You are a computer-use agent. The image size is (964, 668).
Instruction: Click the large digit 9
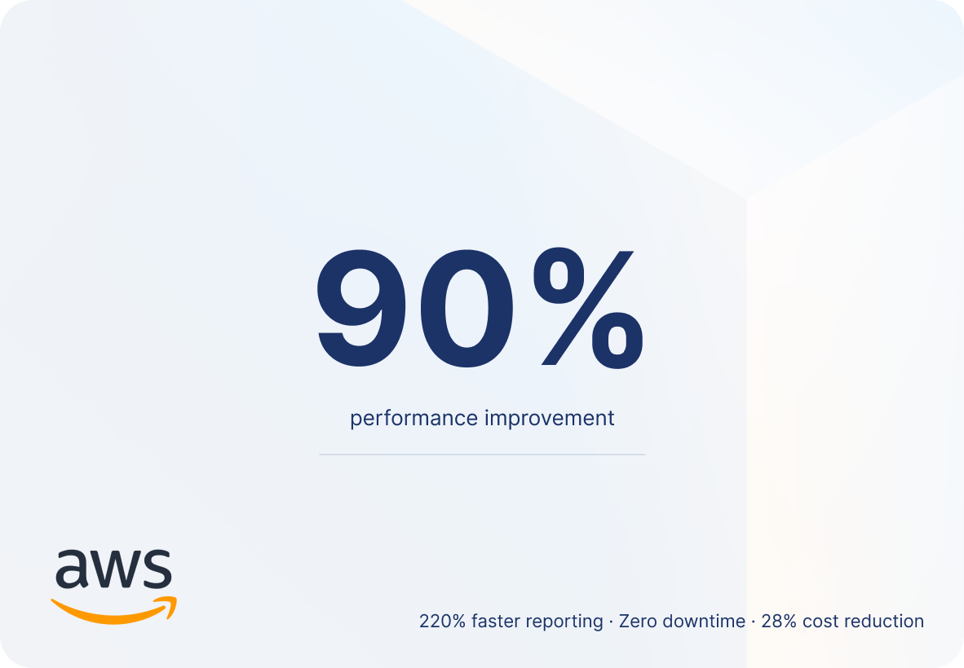(x=361, y=308)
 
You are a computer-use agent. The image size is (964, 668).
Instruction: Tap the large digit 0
(x=467, y=308)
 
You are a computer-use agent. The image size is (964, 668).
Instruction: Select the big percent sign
(x=588, y=308)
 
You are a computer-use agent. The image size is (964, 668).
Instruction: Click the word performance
(x=413, y=419)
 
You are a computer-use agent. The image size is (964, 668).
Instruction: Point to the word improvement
(x=550, y=418)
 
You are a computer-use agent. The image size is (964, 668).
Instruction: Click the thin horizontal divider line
(x=482, y=455)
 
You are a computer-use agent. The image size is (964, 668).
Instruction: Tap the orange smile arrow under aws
(x=113, y=610)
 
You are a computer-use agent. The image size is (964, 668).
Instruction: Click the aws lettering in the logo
(x=113, y=569)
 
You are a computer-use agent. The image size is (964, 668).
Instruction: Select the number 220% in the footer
(x=443, y=622)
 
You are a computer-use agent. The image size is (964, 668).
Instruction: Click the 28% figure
(x=779, y=622)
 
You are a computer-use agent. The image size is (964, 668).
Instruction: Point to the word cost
(x=820, y=622)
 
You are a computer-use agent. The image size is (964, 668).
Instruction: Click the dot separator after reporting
(x=611, y=622)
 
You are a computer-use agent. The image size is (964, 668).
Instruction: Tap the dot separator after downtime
(x=754, y=622)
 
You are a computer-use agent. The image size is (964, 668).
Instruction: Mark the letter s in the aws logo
(x=157, y=569)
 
